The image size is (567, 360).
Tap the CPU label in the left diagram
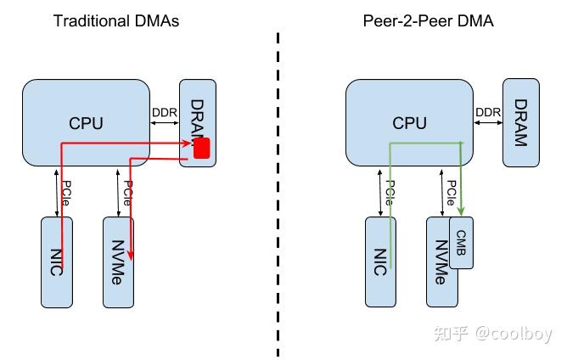pos(86,124)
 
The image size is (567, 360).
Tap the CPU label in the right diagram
pos(409,124)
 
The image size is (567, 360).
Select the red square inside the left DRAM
pos(202,149)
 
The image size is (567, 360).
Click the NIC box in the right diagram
pos(381,263)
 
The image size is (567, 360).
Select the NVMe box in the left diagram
pos(119,263)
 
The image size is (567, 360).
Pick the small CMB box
pos(462,242)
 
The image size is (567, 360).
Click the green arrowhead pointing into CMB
pos(461,211)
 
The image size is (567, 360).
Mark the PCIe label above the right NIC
pos(388,192)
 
